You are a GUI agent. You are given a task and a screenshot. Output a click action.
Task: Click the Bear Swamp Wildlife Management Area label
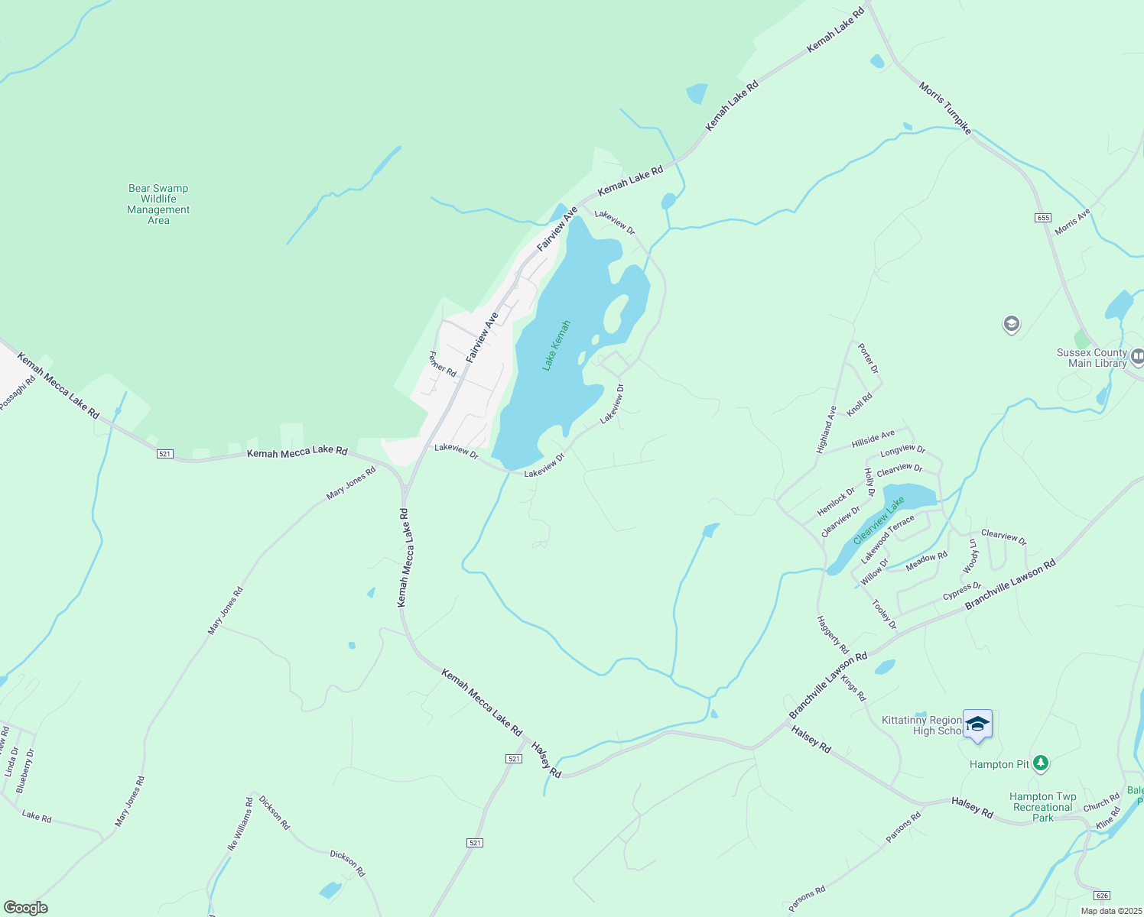(158, 204)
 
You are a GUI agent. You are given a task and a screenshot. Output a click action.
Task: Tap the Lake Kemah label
(556, 346)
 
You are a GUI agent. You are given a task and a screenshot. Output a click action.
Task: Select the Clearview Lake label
(879, 520)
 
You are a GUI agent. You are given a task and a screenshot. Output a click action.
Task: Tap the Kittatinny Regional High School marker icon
(977, 724)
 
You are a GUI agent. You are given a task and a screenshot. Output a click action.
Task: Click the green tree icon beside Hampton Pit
(1040, 763)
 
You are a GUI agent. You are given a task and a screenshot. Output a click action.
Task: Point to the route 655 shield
(1043, 218)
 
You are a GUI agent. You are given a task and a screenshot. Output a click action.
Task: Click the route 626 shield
(1101, 895)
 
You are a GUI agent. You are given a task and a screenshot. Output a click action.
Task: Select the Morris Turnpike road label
(945, 108)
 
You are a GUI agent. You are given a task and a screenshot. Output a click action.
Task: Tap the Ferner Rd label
(443, 364)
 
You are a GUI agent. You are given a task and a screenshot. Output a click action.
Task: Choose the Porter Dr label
(869, 358)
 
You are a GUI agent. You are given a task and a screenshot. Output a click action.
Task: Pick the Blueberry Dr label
(25, 770)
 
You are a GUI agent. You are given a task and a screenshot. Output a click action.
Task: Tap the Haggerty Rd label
(833, 635)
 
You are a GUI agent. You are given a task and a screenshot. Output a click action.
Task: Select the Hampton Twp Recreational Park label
(1042, 807)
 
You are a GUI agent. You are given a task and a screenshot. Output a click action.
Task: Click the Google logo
(25, 908)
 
